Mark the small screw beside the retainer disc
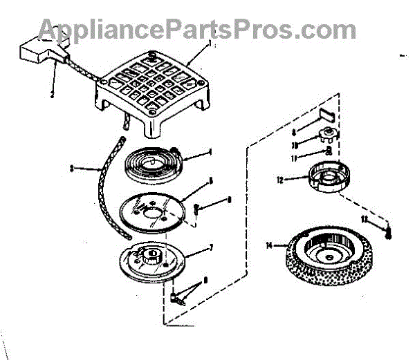197,206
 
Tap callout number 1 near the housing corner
209,43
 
